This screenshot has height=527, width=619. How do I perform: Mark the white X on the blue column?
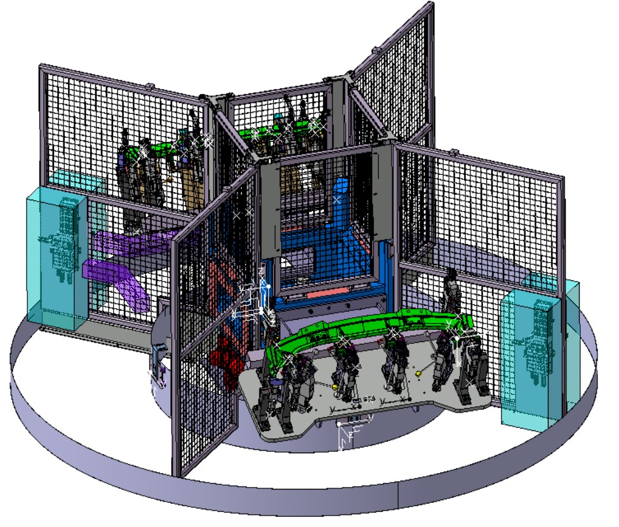click(x=336, y=201)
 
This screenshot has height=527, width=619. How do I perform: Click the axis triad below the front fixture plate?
click(x=346, y=435)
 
